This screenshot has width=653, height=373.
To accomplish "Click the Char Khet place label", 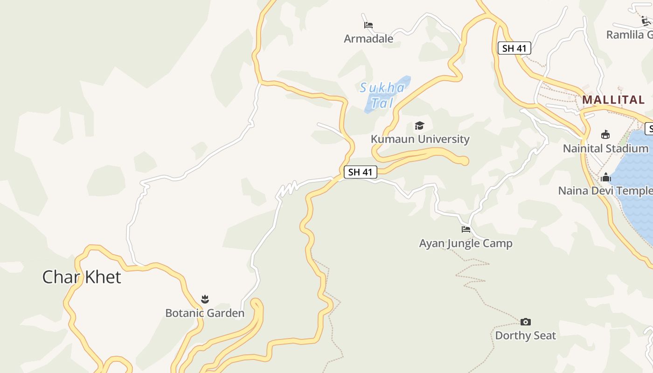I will coord(82,277).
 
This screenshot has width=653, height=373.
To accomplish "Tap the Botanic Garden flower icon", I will coord(205,299).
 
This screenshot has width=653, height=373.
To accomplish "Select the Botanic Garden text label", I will coord(205,313).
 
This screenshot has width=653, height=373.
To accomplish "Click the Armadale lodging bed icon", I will coord(368,25).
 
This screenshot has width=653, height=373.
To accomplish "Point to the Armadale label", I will coord(368,39).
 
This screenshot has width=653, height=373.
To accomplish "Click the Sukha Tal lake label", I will coord(382,95).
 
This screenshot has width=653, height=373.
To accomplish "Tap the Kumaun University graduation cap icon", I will coord(420,125).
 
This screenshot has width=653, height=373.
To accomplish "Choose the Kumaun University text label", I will coord(420,139).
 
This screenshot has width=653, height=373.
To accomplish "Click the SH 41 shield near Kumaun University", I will coord(361,172).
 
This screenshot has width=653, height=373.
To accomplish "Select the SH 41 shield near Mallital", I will coord(514,48).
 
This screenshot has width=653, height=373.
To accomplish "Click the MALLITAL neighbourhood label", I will coord(613,100).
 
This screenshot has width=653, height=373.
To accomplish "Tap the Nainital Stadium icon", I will coord(605,135).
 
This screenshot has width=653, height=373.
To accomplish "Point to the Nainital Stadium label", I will coord(605,149).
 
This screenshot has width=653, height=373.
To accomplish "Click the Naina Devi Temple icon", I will coord(606,177).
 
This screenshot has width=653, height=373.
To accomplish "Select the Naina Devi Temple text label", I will coord(605,191).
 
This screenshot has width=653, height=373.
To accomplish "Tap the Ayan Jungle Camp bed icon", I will coord(465,229).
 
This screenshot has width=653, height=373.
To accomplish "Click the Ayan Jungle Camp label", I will coord(465,243).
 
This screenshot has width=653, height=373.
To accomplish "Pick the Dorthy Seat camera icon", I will coord(526,322).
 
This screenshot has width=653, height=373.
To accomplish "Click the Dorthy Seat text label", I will coord(526,336).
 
